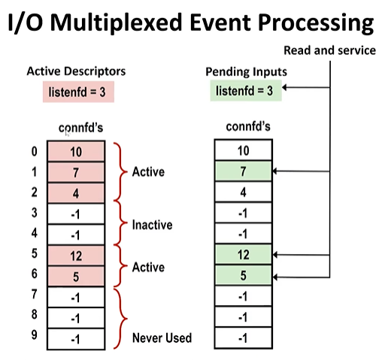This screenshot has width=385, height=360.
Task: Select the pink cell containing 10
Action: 75,152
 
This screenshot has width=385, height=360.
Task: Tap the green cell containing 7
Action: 243,171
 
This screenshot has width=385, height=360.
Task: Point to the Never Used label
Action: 162,337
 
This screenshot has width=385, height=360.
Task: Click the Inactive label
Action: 153,225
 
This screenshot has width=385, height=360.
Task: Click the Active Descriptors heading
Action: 76,71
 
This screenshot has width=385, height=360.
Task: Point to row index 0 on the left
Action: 33,152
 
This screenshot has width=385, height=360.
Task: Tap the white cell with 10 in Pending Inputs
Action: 243,152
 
